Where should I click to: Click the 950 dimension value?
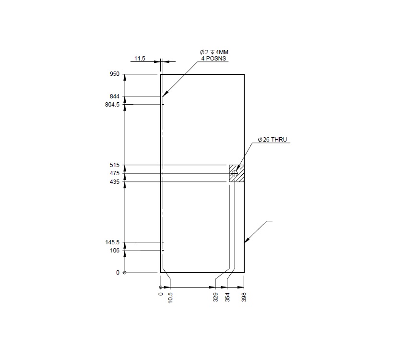(114, 74)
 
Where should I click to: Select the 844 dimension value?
(114, 96)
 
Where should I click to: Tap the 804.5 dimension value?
(112, 105)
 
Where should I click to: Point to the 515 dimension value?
(114, 166)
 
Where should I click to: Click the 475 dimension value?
(114, 173)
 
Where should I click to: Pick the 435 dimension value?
(114, 181)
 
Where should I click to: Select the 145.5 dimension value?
(112, 242)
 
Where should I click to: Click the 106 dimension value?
(114, 251)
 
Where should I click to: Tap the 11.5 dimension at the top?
(139, 59)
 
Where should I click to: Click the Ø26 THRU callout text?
(272, 140)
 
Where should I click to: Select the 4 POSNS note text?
(213, 59)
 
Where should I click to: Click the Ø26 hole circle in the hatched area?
(235, 173)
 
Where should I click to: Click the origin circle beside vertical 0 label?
(125, 273)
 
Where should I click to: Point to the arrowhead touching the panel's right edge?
(246, 242)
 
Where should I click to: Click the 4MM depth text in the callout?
(220, 52)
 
